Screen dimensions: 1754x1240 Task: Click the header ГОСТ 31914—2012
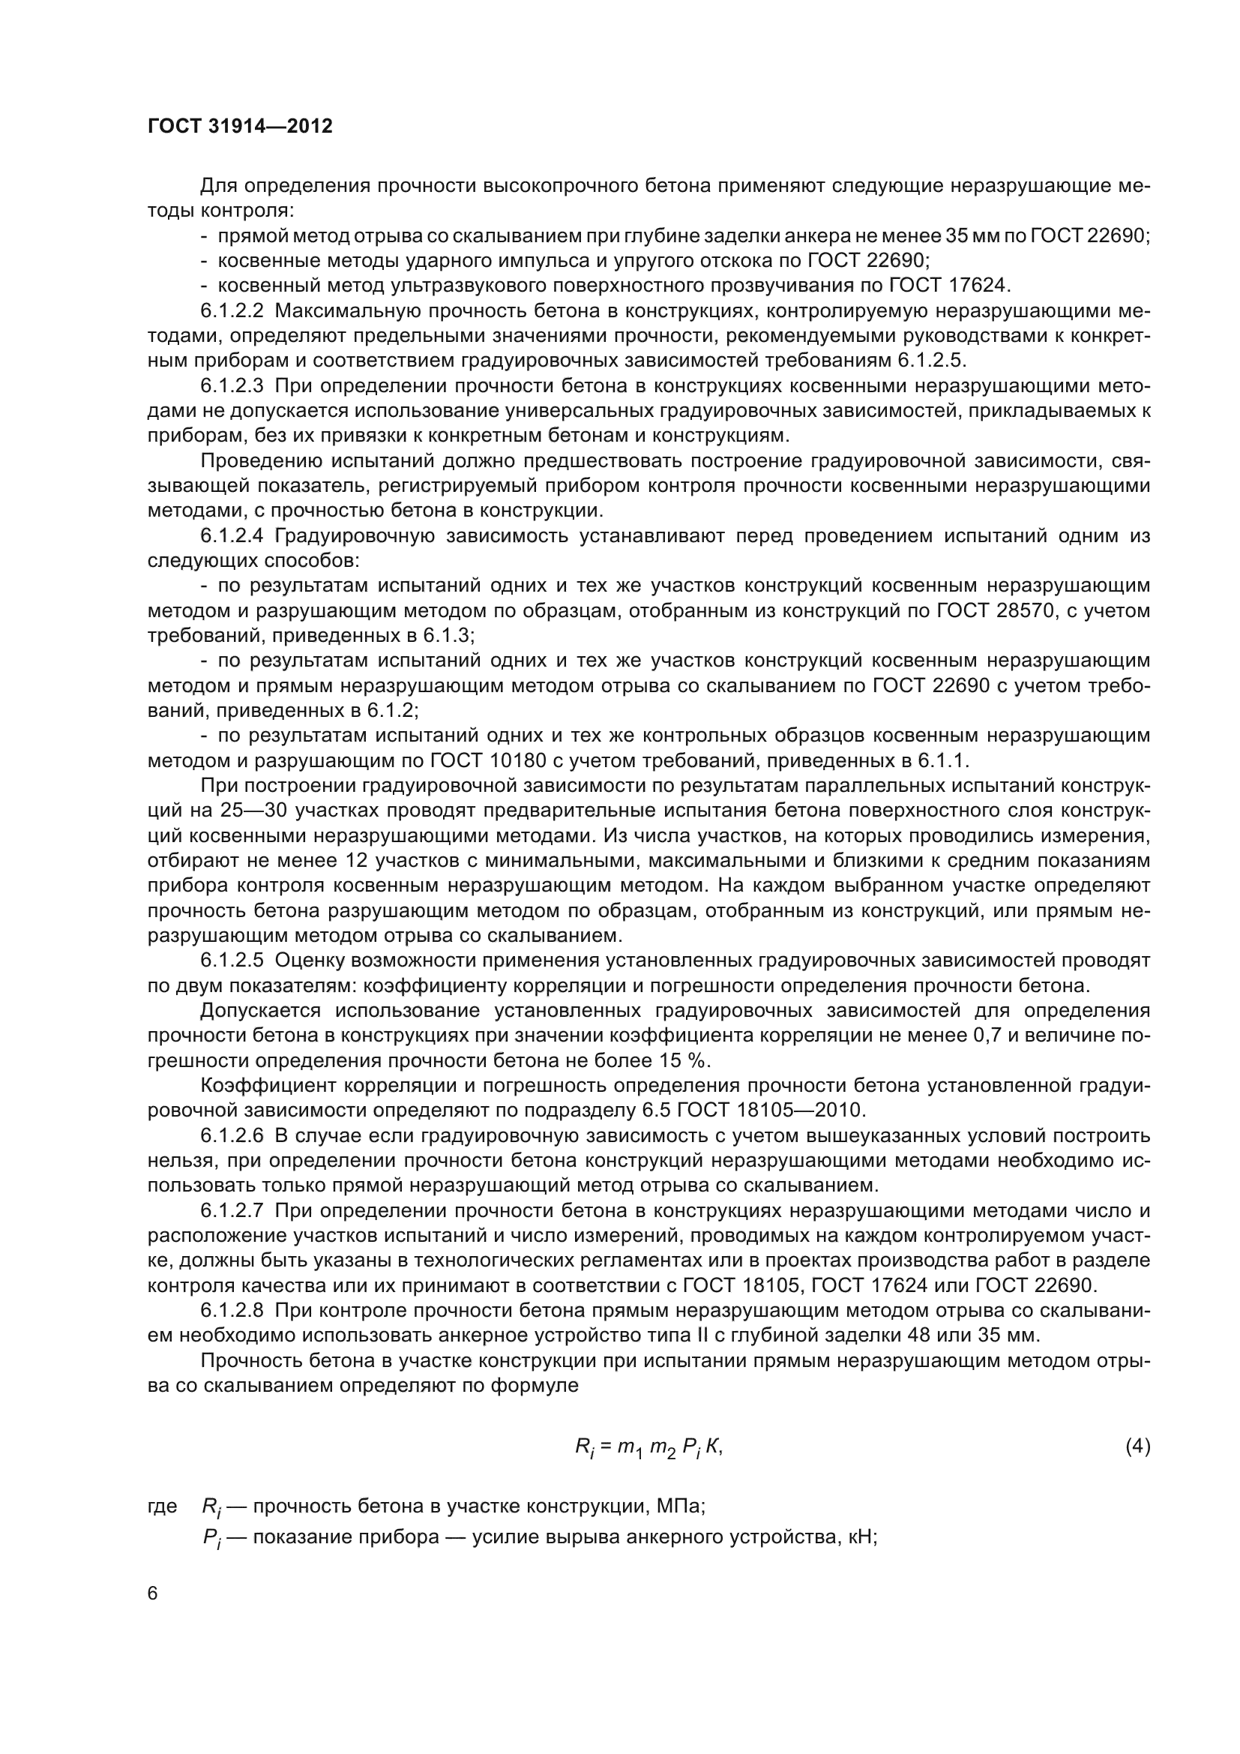click(240, 126)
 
